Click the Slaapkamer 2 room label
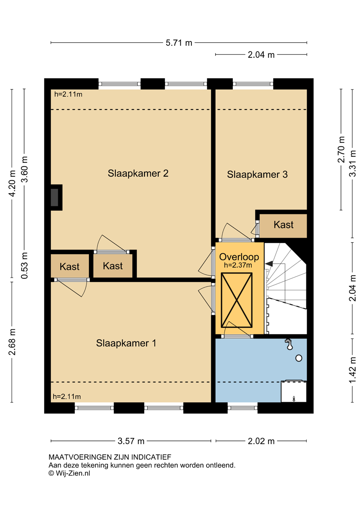[138, 173]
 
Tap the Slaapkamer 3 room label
[257, 175]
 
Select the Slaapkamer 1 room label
[126, 343]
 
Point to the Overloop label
[239, 257]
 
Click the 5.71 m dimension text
[179, 43]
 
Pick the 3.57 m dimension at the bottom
[131, 441]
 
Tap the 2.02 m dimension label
[261, 441]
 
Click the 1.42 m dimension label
[353, 370]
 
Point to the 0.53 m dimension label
[24, 265]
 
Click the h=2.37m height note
[238, 265]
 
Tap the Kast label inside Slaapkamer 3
[283, 225]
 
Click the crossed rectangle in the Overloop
[236, 300]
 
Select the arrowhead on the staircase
[269, 264]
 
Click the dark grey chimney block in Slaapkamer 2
[54, 197]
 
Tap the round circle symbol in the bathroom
[299, 358]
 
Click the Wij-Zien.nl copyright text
[69, 473]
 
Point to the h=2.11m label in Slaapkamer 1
[66, 397]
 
